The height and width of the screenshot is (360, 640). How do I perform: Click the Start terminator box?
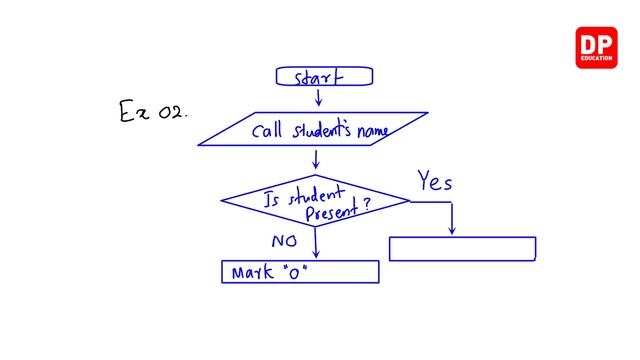point(324,76)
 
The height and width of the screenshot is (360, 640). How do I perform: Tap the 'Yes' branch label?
point(435,182)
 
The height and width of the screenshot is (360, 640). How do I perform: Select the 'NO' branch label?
point(285,242)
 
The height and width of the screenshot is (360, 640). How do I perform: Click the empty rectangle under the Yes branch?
point(462,249)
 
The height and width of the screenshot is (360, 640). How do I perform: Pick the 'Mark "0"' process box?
point(300,272)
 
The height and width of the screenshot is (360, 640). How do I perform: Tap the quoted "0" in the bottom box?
point(295,271)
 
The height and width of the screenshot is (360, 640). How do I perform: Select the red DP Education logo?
point(597,48)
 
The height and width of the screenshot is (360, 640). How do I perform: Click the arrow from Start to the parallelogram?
point(318,97)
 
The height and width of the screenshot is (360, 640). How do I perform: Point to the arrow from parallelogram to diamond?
point(316,158)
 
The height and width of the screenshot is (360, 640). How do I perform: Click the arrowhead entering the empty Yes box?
point(452,231)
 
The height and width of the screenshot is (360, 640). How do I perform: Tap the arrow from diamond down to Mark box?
point(316,242)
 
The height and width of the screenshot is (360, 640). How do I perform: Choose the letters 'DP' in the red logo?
point(597,44)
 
